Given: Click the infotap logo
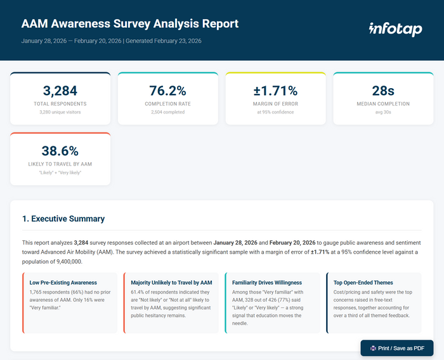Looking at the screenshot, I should click(x=395, y=29).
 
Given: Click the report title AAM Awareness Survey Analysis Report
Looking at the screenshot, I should click(x=130, y=24).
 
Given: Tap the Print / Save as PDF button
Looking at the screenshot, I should click(x=396, y=348).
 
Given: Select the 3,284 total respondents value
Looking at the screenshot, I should click(x=60, y=90).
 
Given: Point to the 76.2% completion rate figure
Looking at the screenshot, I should click(x=167, y=90).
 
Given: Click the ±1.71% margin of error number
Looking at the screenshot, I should click(x=275, y=90).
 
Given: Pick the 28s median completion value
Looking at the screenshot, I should click(x=382, y=90).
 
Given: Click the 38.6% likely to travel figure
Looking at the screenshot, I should click(x=60, y=151).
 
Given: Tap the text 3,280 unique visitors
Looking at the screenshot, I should click(x=60, y=112).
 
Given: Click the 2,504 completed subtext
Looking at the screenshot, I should click(x=167, y=112).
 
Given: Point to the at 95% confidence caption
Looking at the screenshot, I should click(x=275, y=112).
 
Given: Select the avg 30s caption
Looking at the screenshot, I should click(x=382, y=112).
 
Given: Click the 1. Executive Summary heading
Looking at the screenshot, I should click(x=63, y=219).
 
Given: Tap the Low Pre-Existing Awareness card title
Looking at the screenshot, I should click(x=63, y=283).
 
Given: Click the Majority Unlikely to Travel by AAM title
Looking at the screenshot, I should click(x=171, y=283).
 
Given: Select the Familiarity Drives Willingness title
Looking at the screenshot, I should click(x=267, y=283).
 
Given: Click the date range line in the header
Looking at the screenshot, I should click(x=111, y=41).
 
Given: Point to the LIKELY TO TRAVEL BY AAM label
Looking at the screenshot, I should click(x=60, y=164).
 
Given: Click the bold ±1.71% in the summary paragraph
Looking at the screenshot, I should click(x=323, y=252).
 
